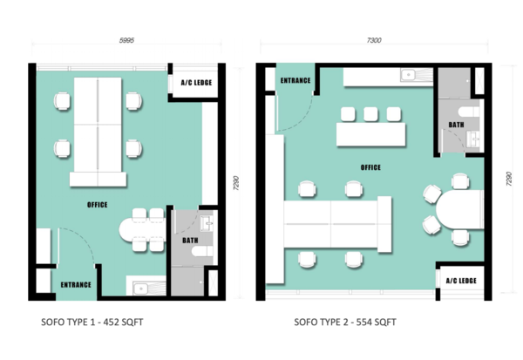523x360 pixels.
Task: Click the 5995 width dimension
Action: pyautogui.click(x=126, y=40)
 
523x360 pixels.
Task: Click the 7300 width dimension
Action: pyautogui.click(x=374, y=40)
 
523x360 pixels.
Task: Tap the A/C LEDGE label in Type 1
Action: pyautogui.click(x=196, y=83)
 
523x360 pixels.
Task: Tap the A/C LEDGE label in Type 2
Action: pyautogui.click(x=461, y=281)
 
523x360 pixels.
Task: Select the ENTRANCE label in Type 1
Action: pyautogui.click(x=76, y=284)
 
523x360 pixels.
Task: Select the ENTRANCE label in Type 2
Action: pyautogui.click(x=295, y=80)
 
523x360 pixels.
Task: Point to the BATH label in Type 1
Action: pyautogui.click(x=190, y=241)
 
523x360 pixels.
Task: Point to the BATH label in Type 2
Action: pyautogui.click(x=456, y=125)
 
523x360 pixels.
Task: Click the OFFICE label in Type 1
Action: pyautogui.click(x=98, y=205)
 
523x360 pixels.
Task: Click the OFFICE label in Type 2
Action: pyautogui.click(x=370, y=167)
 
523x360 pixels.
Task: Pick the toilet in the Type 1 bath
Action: pyautogui.click(x=202, y=251)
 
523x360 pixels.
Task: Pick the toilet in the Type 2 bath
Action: pyautogui.click(x=469, y=112)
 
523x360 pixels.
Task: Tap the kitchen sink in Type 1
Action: pyautogui.click(x=140, y=289)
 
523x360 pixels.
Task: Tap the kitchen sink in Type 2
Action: pyautogui.click(x=408, y=75)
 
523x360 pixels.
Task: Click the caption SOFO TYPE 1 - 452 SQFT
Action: pyautogui.click(x=92, y=322)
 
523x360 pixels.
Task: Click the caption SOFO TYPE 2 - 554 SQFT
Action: pyautogui.click(x=345, y=322)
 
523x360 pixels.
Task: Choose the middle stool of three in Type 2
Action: pyautogui.click(x=370, y=114)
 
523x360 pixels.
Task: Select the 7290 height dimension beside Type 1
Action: pyautogui.click(x=236, y=183)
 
